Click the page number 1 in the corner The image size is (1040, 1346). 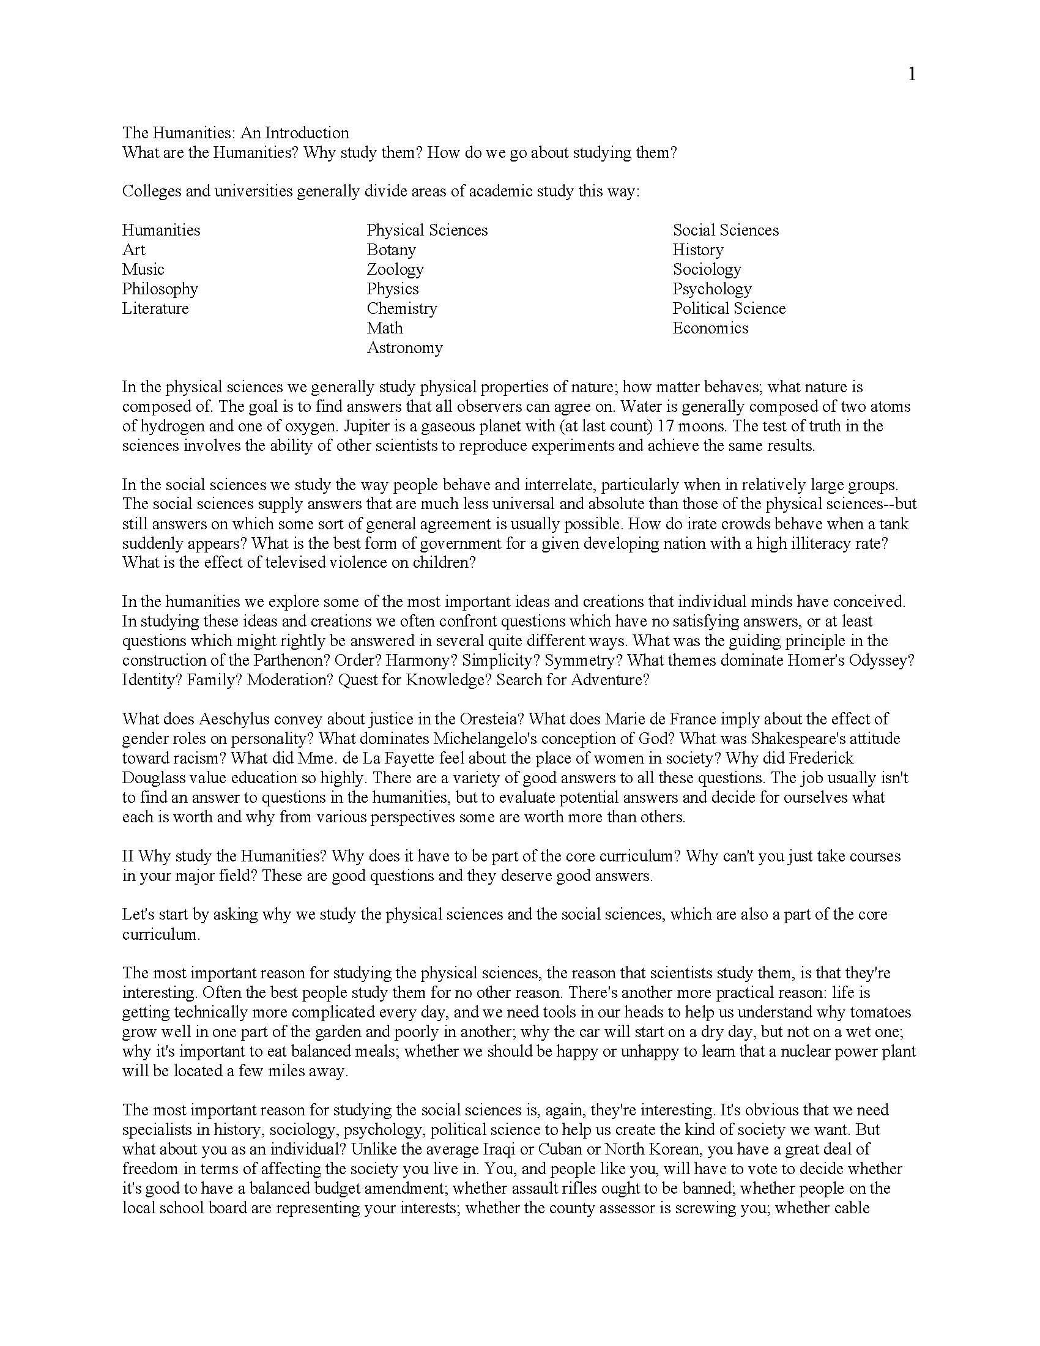pos(912,75)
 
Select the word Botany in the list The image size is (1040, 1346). pos(392,250)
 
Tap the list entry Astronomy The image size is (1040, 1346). pos(405,348)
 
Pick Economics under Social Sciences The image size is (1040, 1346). pos(710,328)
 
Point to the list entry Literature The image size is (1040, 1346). pos(155,308)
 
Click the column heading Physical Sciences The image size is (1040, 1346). pos(427,230)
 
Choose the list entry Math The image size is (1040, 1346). pos(384,328)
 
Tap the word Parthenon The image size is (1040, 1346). pos(289,660)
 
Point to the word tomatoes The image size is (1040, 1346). pos(880,1012)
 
